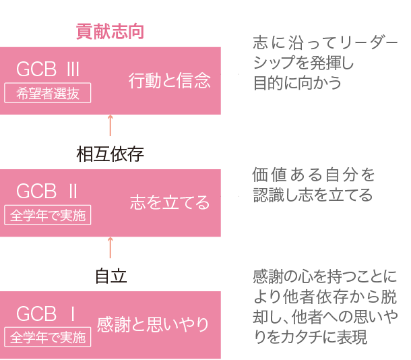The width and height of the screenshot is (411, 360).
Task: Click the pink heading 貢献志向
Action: [110, 32]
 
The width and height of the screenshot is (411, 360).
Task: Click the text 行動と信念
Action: [169, 81]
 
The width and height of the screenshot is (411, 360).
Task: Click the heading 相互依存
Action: [110, 154]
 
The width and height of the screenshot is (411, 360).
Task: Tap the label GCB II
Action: [47, 191]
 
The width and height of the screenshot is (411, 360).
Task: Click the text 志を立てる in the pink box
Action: [170, 203]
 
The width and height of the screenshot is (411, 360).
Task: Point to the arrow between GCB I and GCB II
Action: [110, 248]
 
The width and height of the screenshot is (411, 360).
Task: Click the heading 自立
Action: [110, 276]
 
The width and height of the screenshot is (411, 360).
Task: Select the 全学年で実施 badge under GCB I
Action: [48, 338]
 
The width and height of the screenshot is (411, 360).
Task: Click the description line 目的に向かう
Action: [297, 84]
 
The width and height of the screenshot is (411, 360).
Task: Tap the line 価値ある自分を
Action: [314, 175]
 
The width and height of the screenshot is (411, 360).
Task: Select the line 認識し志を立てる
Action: [313, 196]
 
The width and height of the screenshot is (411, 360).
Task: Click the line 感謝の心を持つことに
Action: [325, 276]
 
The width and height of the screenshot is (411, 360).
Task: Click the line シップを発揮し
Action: [303, 63]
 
